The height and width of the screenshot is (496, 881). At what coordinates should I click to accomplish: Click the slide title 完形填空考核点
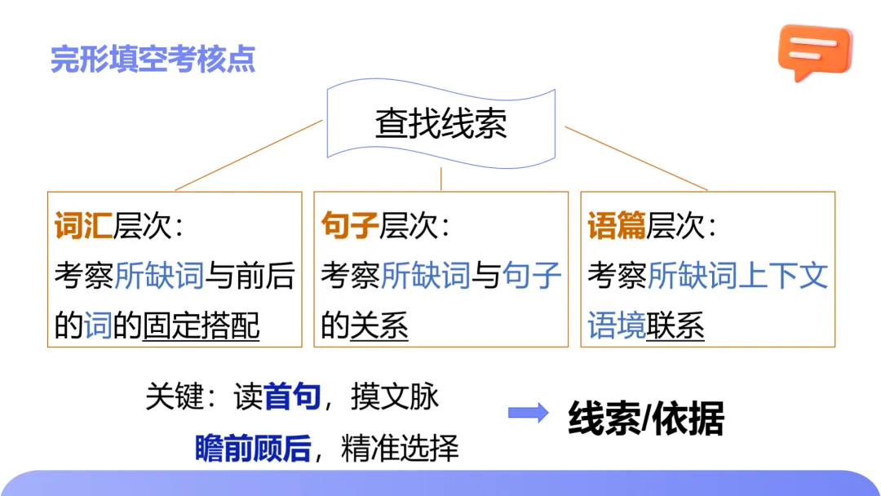pyautogui.click(x=153, y=60)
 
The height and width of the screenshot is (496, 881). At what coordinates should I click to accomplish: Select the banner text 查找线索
pyautogui.click(x=440, y=124)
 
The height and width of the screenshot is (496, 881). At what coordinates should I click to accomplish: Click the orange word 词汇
pyautogui.click(x=83, y=226)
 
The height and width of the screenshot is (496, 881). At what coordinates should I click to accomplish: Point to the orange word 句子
pyautogui.click(x=350, y=226)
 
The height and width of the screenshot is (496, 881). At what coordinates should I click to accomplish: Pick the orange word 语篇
pyautogui.click(x=617, y=226)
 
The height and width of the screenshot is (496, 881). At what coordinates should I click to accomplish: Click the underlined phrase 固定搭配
pyautogui.click(x=201, y=326)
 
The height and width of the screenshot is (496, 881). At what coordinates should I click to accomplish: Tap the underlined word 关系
pyautogui.click(x=379, y=326)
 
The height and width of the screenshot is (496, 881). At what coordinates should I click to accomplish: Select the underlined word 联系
pyautogui.click(x=675, y=326)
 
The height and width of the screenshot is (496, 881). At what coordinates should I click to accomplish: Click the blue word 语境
pyautogui.click(x=617, y=326)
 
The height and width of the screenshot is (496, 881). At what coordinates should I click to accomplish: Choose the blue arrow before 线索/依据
pyautogui.click(x=529, y=413)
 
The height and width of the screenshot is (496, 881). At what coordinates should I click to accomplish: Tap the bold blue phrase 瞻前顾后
pyautogui.click(x=253, y=448)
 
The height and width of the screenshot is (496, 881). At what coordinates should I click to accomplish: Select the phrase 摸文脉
pyautogui.click(x=395, y=396)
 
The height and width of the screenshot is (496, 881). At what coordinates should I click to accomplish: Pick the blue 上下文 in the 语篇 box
pyautogui.click(x=783, y=276)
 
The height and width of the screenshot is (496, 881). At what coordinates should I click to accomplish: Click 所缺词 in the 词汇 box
pyautogui.click(x=158, y=276)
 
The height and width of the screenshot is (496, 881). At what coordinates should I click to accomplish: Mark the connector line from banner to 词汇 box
pyautogui.click(x=249, y=155)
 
